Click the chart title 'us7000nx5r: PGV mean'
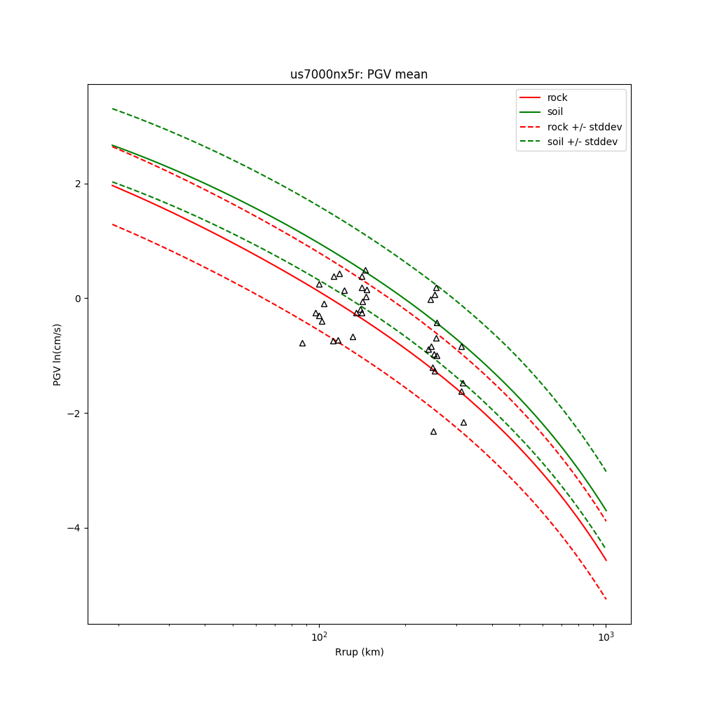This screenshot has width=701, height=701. pyautogui.click(x=359, y=74)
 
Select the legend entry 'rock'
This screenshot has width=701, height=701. pyautogui.click(x=557, y=97)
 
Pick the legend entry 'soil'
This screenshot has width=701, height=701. pyautogui.click(x=554, y=112)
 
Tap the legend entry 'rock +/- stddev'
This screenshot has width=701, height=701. pyautogui.click(x=584, y=127)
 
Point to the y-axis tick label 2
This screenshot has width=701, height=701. pyautogui.click(x=78, y=184)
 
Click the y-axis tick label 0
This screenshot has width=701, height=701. pyautogui.click(x=78, y=299)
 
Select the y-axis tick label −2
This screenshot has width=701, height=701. pyautogui.click(x=75, y=414)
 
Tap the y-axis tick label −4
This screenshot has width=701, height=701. pyautogui.click(x=75, y=528)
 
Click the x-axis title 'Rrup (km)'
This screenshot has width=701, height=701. pyautogui.click(x=359, y=653)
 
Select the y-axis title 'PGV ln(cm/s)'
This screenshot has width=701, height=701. pyautogui.click(x=57, y=354)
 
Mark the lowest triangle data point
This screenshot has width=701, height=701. pyautogui.click(x=433, y=432)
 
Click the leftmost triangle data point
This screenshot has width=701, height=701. pyautogui.click(x=302, y=343)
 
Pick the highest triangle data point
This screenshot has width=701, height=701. pyautogui.click(x=365, y=271)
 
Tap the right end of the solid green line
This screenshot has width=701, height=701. pyautogui.click(x=606, y=510)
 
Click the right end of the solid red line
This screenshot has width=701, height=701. pyautogui.click(x=606, y=560)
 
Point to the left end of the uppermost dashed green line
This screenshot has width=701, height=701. pyautogui.click(x=112, y=109)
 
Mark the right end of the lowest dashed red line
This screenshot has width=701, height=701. pyautogui.click(x=606, y=599)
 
